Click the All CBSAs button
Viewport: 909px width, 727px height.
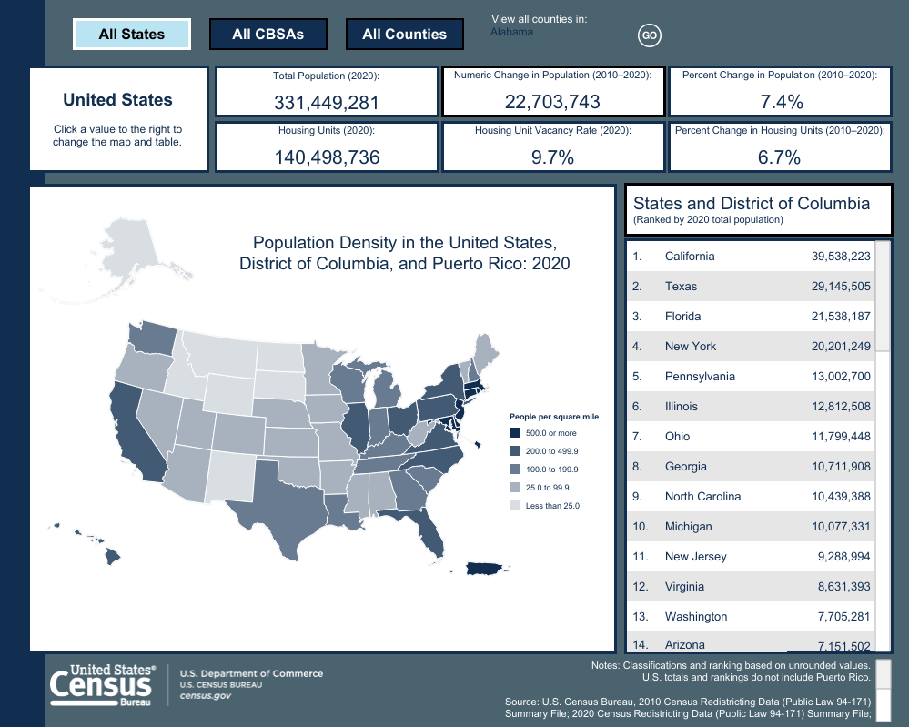268,35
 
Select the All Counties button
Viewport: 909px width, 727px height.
404,35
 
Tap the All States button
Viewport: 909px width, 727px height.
132,35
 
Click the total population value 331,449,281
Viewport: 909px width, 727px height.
327,103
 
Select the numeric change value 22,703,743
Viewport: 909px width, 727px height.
552,102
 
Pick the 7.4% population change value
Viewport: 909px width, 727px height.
779,102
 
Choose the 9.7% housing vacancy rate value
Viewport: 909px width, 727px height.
552,157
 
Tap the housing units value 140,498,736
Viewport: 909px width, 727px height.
327,157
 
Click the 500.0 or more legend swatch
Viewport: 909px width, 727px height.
515,433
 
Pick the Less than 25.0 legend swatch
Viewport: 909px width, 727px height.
515,506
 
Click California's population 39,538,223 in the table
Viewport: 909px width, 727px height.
841,257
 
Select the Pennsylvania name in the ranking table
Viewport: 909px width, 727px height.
700,377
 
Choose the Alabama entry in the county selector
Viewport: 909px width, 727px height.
511,32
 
